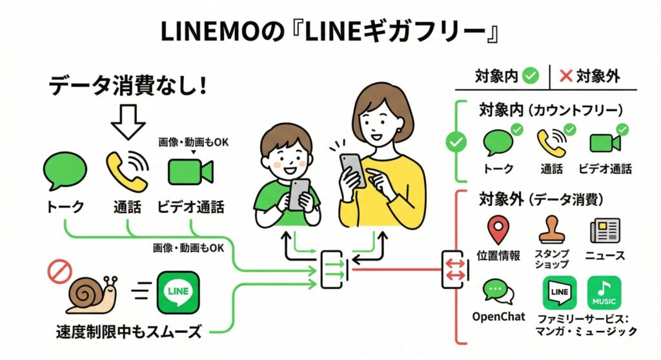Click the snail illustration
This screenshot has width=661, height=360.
click(x=91, y=294)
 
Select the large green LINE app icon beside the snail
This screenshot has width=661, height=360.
click(x=178, y=292)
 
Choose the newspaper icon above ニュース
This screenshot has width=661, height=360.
click(x=604, y=230)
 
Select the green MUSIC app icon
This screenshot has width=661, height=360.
click(x=604, y=294)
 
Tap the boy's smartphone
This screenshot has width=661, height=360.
click(x=299, y=194)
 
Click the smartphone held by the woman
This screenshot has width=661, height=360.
click(x=352, y=169)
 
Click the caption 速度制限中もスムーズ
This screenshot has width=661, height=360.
click(x=128, y=333)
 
